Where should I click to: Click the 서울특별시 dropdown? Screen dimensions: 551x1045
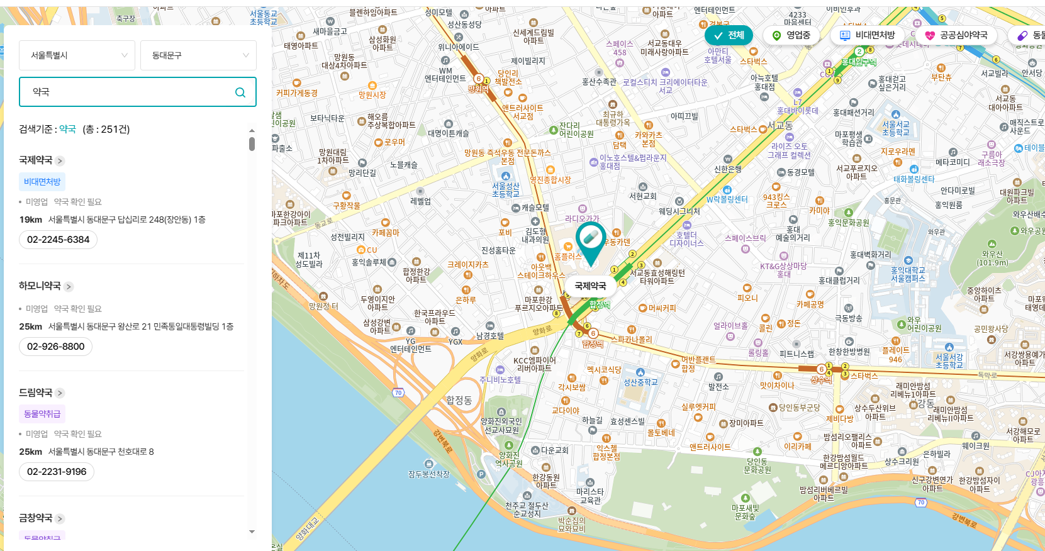tap(77, 55)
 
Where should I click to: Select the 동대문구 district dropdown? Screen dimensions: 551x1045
tap(198, 55)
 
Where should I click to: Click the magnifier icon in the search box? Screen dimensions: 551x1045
tap(240, 92)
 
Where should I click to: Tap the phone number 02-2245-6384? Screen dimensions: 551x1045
tap(59, 240)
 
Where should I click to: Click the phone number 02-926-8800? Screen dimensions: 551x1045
tap(56, 347)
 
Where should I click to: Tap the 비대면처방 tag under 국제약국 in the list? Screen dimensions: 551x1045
tap(42, 182)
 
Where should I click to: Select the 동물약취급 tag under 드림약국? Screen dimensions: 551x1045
tap(42, 414)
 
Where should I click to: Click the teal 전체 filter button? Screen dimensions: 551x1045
tap(729, 35)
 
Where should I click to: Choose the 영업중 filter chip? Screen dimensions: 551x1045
tap(791, 35)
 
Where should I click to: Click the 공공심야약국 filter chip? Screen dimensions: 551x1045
tap(956, 35)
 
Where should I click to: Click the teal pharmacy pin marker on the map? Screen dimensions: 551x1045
tap(590, 240)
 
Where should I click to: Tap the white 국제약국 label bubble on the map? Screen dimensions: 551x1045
tap(590, 286)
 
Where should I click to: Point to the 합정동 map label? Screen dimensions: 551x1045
tap(459, 400)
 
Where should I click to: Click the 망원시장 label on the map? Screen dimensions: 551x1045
tap(372, 95)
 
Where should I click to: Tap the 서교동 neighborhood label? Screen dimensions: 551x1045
tap(780, 126)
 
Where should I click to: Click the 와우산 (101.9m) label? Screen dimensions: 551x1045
tap(992, 258)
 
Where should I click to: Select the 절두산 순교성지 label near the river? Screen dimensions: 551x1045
tap(527, 509)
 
